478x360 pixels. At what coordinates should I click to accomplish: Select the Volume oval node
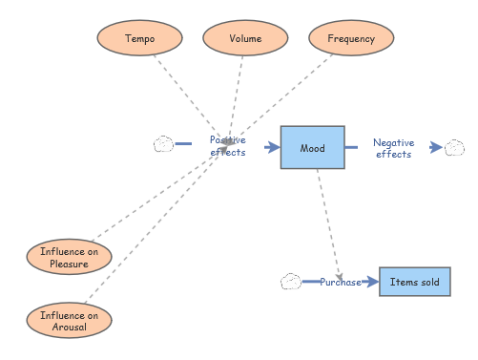point(245,39)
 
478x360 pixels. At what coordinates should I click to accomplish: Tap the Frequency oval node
point(351,39)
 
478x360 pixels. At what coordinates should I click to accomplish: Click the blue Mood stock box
point(312,148)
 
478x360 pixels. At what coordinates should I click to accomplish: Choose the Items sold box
point(415,282)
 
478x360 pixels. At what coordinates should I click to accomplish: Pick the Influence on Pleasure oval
point(69,258)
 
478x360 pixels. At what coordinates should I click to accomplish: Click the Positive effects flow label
point(227,146)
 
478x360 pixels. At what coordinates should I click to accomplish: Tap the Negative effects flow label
point(393,148)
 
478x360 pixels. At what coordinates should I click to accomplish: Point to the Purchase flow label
point(340,282)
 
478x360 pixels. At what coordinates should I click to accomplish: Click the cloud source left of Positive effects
point(163,145)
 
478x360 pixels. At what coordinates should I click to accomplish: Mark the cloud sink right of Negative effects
point(454,147)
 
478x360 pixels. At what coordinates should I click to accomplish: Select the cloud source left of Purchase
point(291,282)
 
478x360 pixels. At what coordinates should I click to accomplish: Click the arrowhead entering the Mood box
point(273,147)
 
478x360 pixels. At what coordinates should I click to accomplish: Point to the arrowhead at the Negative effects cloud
point(437,147)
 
